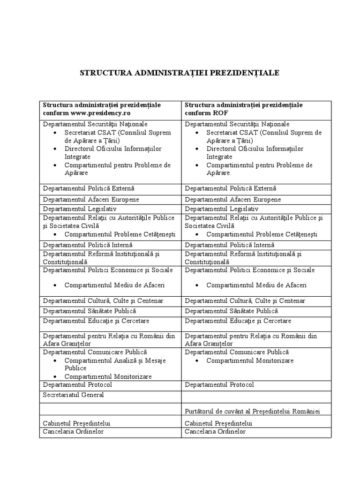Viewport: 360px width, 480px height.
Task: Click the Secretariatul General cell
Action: (x=73, y=395)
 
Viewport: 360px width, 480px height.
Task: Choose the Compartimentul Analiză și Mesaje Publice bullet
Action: (x=115, y=364)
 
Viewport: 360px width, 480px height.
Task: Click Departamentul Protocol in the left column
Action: (x=77, y=384)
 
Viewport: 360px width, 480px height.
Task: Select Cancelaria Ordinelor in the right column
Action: (x=215, y=431)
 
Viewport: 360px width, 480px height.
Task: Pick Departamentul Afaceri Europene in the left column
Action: (x=91, y=199)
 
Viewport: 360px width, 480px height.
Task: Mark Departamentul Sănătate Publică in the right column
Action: (x=231, y=311)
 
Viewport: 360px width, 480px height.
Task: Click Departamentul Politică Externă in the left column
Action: (x=89, y=188)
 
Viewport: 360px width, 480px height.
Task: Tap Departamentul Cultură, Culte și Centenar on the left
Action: (x=103, y=300)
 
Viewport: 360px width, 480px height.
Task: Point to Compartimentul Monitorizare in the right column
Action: (x=250, y=360)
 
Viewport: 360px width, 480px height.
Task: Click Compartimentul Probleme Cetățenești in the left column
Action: (x=120, y=234)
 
